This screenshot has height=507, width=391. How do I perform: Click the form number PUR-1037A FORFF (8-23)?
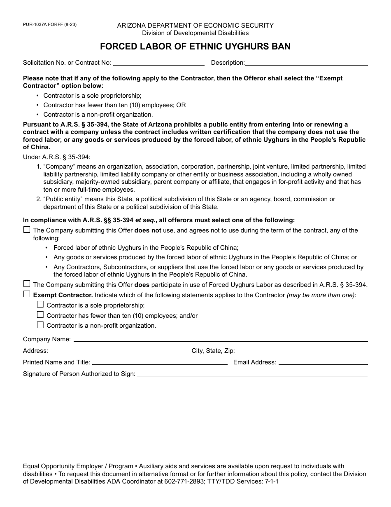click(x=50, y=25)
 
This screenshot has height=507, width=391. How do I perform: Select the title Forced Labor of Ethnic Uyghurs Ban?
click(x=195, y=47)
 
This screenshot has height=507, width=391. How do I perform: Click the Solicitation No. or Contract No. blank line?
click(x=158, y=63)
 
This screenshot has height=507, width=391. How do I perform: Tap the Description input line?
click(x=306, y=63)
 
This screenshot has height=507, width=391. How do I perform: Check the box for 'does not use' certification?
click(x=27, y=230)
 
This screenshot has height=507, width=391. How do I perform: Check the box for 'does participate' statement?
click(x=27, y=284)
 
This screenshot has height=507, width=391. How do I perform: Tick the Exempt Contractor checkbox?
click(x=27, y=294)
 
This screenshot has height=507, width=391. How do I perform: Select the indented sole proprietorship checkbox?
click(x=40, y=305)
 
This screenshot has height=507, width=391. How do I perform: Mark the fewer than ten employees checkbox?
click(x=40, y=315)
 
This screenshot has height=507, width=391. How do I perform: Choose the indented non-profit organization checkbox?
click(x=40, y=325)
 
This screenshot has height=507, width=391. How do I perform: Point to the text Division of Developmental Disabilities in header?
click(x=195, y=33)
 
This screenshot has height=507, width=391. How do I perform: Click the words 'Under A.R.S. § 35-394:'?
click(x=56, y=157)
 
